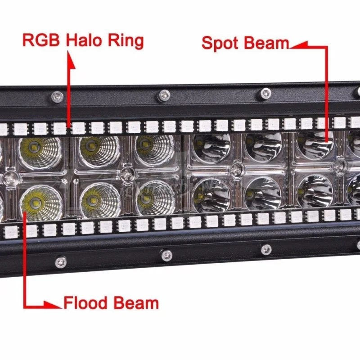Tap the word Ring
125,41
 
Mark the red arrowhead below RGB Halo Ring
70,57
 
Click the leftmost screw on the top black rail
57,96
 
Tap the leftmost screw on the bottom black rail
60,261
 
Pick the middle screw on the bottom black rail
167,255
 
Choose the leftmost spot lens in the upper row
211,147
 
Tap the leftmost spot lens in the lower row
211,194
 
